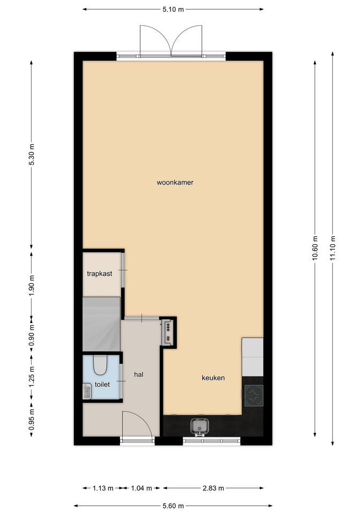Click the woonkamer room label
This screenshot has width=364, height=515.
[x=175, y=182]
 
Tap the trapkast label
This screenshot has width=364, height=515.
[x=100, y=274]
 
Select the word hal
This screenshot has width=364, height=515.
[x=138, y=374]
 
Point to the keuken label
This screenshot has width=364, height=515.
[x=213, y=378]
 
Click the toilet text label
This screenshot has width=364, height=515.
[x=102, y=384]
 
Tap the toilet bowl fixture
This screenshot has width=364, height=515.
[x=100, y=365]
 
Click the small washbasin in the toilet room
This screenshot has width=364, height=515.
[x=87, y=391]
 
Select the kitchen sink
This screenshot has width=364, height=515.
[x=199, y=426]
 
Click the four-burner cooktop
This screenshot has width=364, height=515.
[x=254, y=395]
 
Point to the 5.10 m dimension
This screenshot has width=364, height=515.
[x=173, y=9]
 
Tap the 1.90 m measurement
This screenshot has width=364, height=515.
[x=32, y=285]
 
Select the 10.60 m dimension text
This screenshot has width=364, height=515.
[x=315, y=248]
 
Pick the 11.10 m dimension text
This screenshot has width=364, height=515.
[x=333, y=248]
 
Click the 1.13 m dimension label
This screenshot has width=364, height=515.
[x=103, y=488]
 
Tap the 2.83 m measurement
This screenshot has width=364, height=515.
[x=213, y=488]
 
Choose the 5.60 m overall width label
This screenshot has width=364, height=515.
[x=173, y=506]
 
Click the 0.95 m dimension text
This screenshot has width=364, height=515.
[x=32, y=419]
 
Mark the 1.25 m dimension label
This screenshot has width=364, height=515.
[x=32, y=377]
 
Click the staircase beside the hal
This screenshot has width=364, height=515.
[x=101, y=324]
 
